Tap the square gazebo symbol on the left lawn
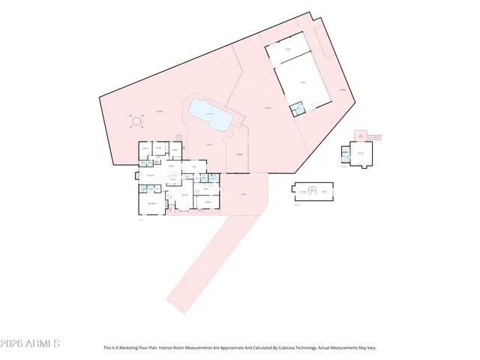tap(136, 120)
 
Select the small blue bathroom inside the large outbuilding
tap(298, 107)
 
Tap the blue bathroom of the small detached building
tap(346, 154)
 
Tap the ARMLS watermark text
tap(43, 343)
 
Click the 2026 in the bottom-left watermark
tap(13, 343)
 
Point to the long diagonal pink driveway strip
tap(202, 262)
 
